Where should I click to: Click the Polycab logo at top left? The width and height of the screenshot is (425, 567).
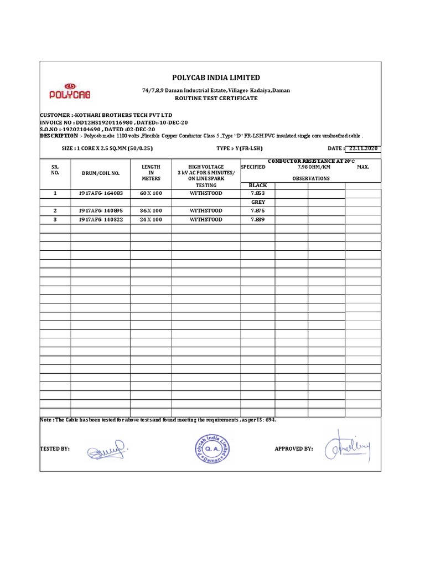tap(70, 92)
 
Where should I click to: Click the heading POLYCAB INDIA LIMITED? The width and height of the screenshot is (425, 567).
tap(212, 78)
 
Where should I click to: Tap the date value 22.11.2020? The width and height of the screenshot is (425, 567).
tap(363, 148)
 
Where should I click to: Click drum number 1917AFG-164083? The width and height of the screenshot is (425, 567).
tap(100, 193)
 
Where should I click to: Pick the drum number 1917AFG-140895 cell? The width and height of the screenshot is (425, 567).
tap(100, 211)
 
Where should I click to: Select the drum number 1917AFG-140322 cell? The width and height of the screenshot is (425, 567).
tap(100, 220)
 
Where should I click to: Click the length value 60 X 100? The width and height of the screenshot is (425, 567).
tap(151, 193)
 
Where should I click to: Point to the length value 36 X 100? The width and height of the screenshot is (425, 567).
tap(151, 211)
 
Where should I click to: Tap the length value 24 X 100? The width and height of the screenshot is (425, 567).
tap(151, 220)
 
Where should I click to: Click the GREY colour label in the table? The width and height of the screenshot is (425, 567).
tap(257, 202)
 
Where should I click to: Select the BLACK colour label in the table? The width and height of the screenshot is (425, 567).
tap(257, 185)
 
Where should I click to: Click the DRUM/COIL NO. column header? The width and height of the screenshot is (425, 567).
tap(100, 173)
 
